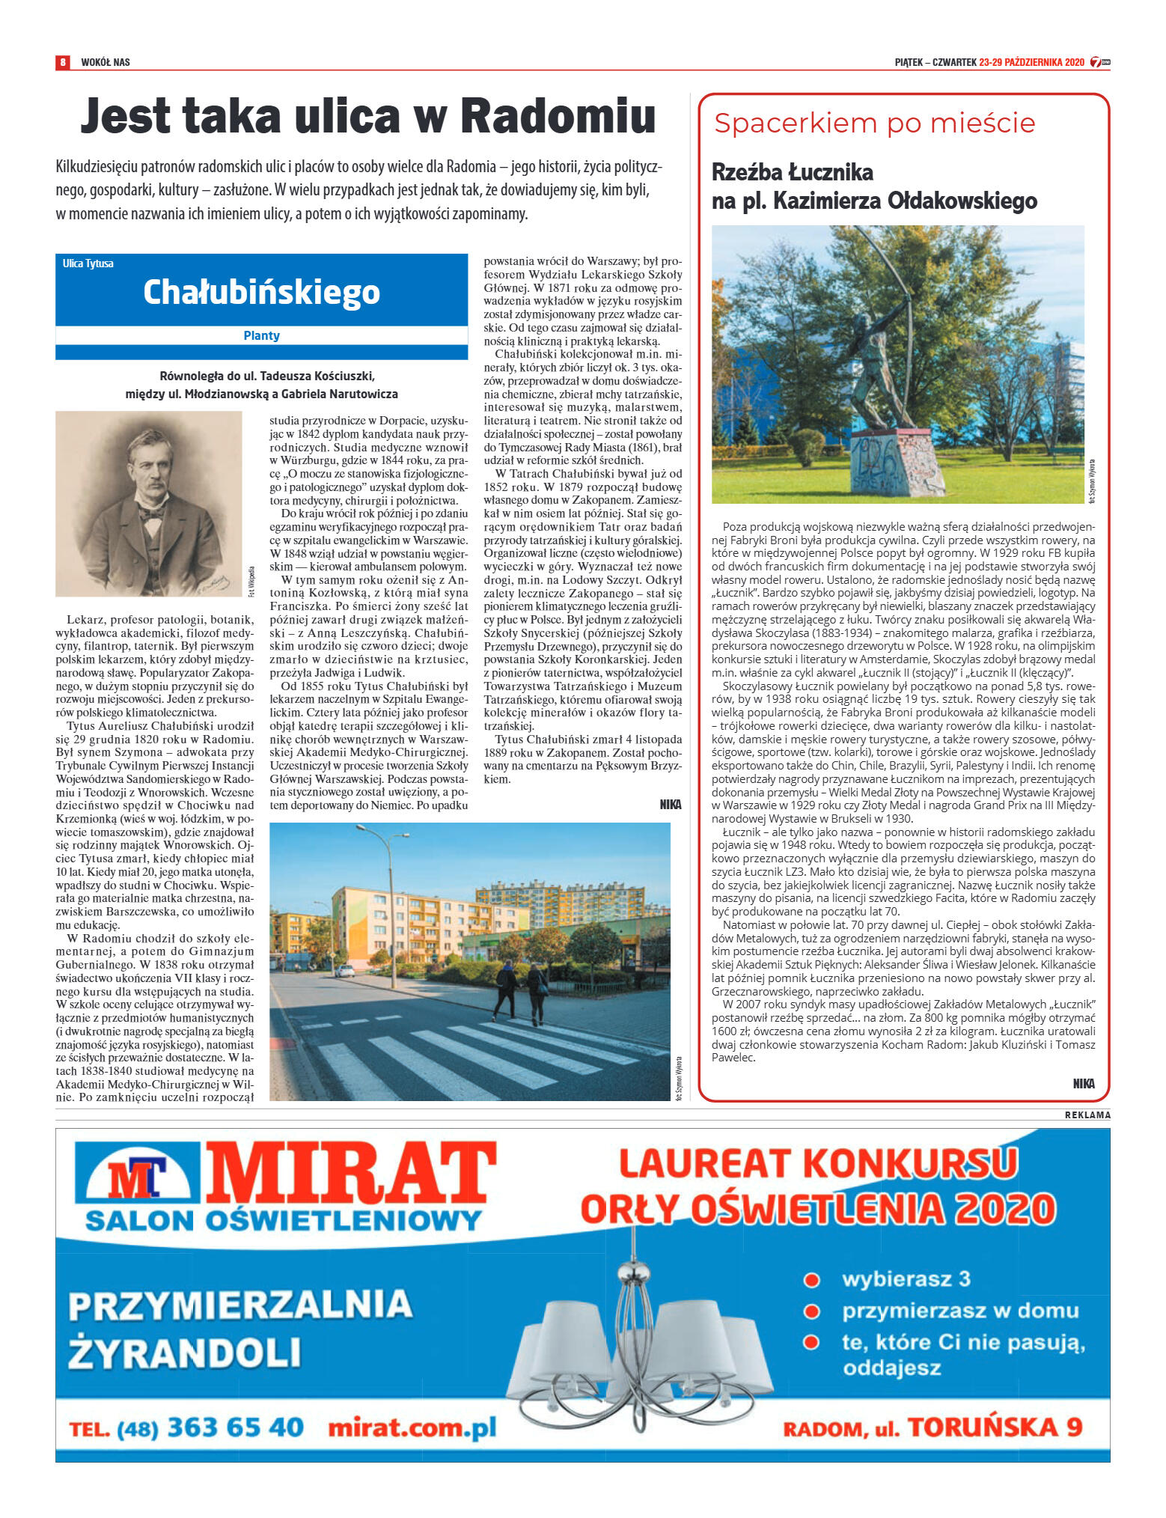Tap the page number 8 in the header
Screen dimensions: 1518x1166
64,61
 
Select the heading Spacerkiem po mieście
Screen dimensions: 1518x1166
874,124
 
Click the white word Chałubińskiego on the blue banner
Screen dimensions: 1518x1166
261,292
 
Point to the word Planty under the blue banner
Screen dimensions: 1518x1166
261,335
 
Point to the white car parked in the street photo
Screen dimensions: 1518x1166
344,971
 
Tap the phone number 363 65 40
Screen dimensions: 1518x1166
235,1427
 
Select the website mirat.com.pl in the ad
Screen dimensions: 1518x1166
412,1427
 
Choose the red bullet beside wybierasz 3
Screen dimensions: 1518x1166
811,1279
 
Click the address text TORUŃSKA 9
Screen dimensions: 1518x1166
995,1427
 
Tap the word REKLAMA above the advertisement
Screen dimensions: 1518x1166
1087,1115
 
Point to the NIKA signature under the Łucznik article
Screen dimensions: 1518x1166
1083,1083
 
